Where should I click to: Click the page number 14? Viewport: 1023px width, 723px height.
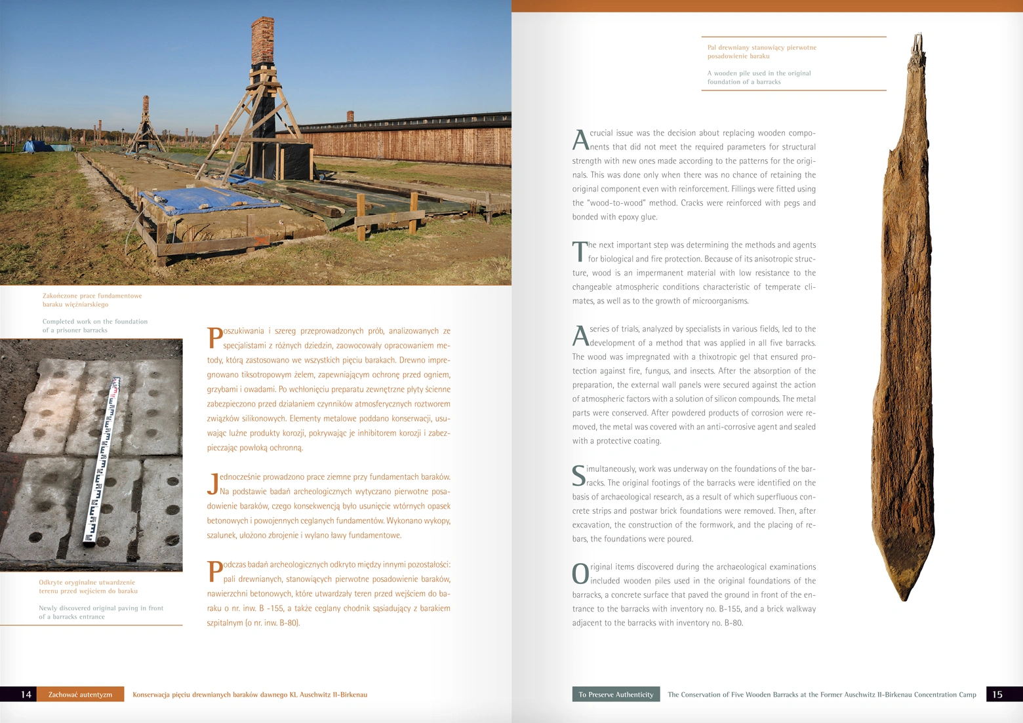tap(26, 695)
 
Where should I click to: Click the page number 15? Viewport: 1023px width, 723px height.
tap(997, 695)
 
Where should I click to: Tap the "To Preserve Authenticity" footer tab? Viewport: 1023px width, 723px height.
tap(616, 695)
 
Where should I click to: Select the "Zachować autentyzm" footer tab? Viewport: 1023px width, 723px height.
tap(80, 695)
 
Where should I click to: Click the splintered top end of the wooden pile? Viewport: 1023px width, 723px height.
tap(918, 43)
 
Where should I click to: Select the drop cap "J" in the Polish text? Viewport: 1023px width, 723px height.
tap(212, 484)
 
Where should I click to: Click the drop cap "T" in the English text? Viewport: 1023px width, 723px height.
tap(580, 252)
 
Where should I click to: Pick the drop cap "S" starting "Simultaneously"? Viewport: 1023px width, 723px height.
tap(578, 476)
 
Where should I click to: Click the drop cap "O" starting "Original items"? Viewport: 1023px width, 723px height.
tap(580, 574)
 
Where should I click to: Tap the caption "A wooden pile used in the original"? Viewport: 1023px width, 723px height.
tap(759, 73)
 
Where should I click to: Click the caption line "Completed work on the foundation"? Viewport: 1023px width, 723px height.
tap(95, 322)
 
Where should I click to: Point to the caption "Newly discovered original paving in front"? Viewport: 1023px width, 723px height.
tap(101, 608)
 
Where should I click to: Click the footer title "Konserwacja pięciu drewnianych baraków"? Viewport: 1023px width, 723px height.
tap(250, 695)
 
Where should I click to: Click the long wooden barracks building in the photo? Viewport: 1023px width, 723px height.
tap(407, 141)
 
